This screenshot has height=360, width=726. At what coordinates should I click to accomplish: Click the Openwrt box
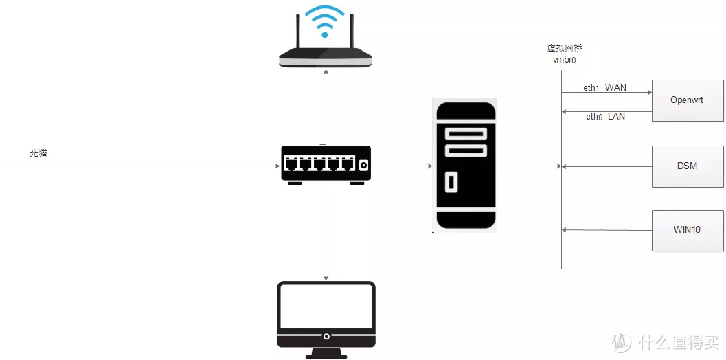coord(686,100)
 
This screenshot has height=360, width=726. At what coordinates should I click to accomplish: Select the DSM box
coord(686,166)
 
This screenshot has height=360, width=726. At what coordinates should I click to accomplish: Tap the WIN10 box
coord(686,229)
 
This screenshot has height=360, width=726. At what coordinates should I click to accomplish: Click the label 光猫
coord(38,153)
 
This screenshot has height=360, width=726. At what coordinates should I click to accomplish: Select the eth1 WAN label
coord(605,88)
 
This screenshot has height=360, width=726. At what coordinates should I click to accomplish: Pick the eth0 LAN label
coord(605,117)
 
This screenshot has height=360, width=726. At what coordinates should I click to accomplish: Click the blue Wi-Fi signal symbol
coord(325,21)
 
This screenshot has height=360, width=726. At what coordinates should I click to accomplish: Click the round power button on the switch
coord(363,165)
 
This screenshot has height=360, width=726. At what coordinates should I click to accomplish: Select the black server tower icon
coord(465,165)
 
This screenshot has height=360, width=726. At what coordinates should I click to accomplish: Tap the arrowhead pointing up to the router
coord(326,72)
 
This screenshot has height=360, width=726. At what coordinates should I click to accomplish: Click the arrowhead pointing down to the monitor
coord(326,276)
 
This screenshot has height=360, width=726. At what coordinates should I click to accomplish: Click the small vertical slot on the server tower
coord(451,183)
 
